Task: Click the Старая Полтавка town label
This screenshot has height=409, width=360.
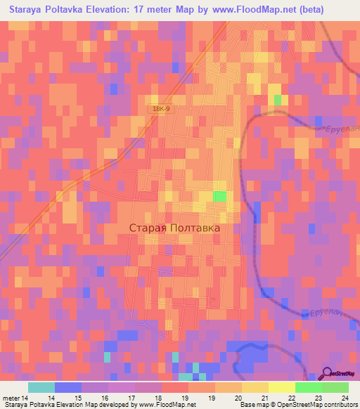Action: [x=175, y=228]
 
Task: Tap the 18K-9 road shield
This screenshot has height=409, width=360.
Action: [x=160, y=110]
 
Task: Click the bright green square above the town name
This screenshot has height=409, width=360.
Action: [x=220, y=197]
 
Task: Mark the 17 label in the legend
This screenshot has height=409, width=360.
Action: [x=131, y=398]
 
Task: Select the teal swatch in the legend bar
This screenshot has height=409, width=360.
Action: [x=41, y=387]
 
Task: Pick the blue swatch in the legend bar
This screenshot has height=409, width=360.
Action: [x=67, y=387]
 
